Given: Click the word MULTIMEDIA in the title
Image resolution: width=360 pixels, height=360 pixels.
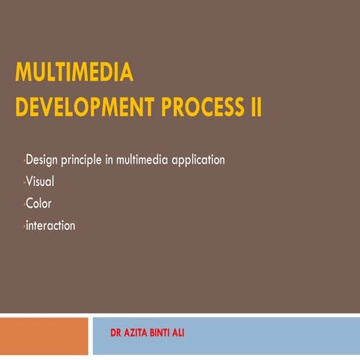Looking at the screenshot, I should click(x=74, y=73).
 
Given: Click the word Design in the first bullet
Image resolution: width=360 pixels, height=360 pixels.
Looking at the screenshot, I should click(x=43, y=160).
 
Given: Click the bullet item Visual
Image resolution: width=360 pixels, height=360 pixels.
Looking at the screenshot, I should click(x=40, y=181).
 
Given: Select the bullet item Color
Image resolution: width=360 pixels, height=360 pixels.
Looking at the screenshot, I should click(x=39, y=203).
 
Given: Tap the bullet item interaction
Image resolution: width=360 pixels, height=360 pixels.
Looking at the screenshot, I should click(x=50, y=225).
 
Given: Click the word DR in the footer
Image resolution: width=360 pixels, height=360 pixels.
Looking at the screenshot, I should click(x=116, y=331).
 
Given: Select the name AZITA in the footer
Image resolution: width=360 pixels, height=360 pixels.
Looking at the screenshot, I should click(x=137, y=331).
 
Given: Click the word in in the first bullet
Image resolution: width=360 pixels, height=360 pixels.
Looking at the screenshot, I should click(x=116, y=160).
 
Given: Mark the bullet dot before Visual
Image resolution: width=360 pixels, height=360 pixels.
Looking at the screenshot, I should click(x=24, y=182).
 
